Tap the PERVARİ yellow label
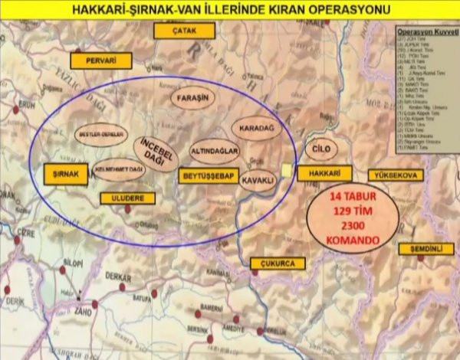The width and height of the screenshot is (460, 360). [101, 61]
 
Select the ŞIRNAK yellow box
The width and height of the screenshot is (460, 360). [66, 175]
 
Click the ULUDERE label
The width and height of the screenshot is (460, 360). [127, 198]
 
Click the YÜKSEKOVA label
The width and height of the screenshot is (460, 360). [396, 175]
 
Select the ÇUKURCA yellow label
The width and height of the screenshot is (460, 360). [278, 263]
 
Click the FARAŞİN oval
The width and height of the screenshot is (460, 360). [192, 97]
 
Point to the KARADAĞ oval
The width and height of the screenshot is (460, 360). [257, 128]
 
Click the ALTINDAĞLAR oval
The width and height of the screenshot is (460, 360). [215, 150]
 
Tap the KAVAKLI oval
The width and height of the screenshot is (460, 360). [258, 182]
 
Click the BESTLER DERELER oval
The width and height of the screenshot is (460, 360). [100, 134]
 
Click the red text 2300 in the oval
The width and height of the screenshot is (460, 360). [353, 225]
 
